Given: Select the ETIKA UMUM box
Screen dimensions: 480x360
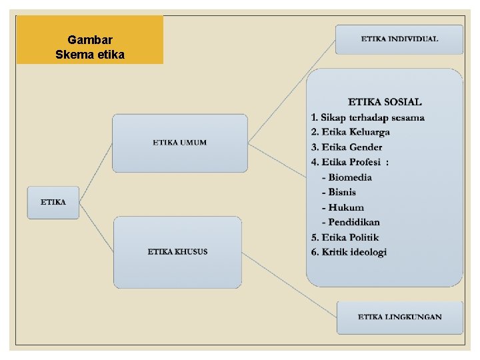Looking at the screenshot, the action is point(179,143).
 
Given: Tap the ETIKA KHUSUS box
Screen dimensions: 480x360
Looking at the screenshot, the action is point(177,252).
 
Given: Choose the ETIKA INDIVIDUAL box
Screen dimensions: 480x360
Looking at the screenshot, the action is point(399,39).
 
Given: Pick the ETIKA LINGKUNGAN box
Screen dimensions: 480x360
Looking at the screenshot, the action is point(399,317).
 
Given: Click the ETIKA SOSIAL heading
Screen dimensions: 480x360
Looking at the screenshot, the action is point(385,102).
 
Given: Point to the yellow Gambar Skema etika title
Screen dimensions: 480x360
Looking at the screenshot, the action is point(90,40).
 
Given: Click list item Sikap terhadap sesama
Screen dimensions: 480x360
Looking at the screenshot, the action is point(367,117).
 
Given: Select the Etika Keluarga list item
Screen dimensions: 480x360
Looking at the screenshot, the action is point(351,132).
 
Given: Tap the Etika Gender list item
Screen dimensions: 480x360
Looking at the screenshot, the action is point(347,147).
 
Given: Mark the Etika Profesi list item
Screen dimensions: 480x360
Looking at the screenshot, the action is point(350,162).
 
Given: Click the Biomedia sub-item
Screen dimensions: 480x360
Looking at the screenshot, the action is point(347,177).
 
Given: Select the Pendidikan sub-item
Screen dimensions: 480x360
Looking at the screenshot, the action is point(351,222).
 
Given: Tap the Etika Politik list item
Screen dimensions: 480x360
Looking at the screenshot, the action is point(345,237).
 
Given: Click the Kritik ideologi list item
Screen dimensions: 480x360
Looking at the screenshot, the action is point(349,252).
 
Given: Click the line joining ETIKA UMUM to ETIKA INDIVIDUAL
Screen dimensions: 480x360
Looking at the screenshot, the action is point(291,91).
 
